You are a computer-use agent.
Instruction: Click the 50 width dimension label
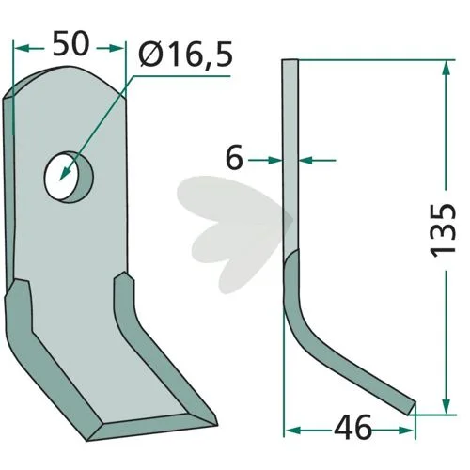[x=71, y=43]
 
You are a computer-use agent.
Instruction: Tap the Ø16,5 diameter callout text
[x=185, y=55]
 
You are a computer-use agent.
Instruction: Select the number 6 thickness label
[x=234, y=157]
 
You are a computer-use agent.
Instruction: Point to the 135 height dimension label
[x=443, y=230]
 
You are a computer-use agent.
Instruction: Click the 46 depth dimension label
[x=352, y=428]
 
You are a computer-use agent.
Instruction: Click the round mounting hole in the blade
[x=69, y=177]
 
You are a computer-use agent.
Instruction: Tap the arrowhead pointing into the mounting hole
[x=65, y=173]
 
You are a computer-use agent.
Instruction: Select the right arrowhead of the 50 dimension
[x=117, y=48]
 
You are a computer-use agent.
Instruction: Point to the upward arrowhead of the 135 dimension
[x=446, y=68]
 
